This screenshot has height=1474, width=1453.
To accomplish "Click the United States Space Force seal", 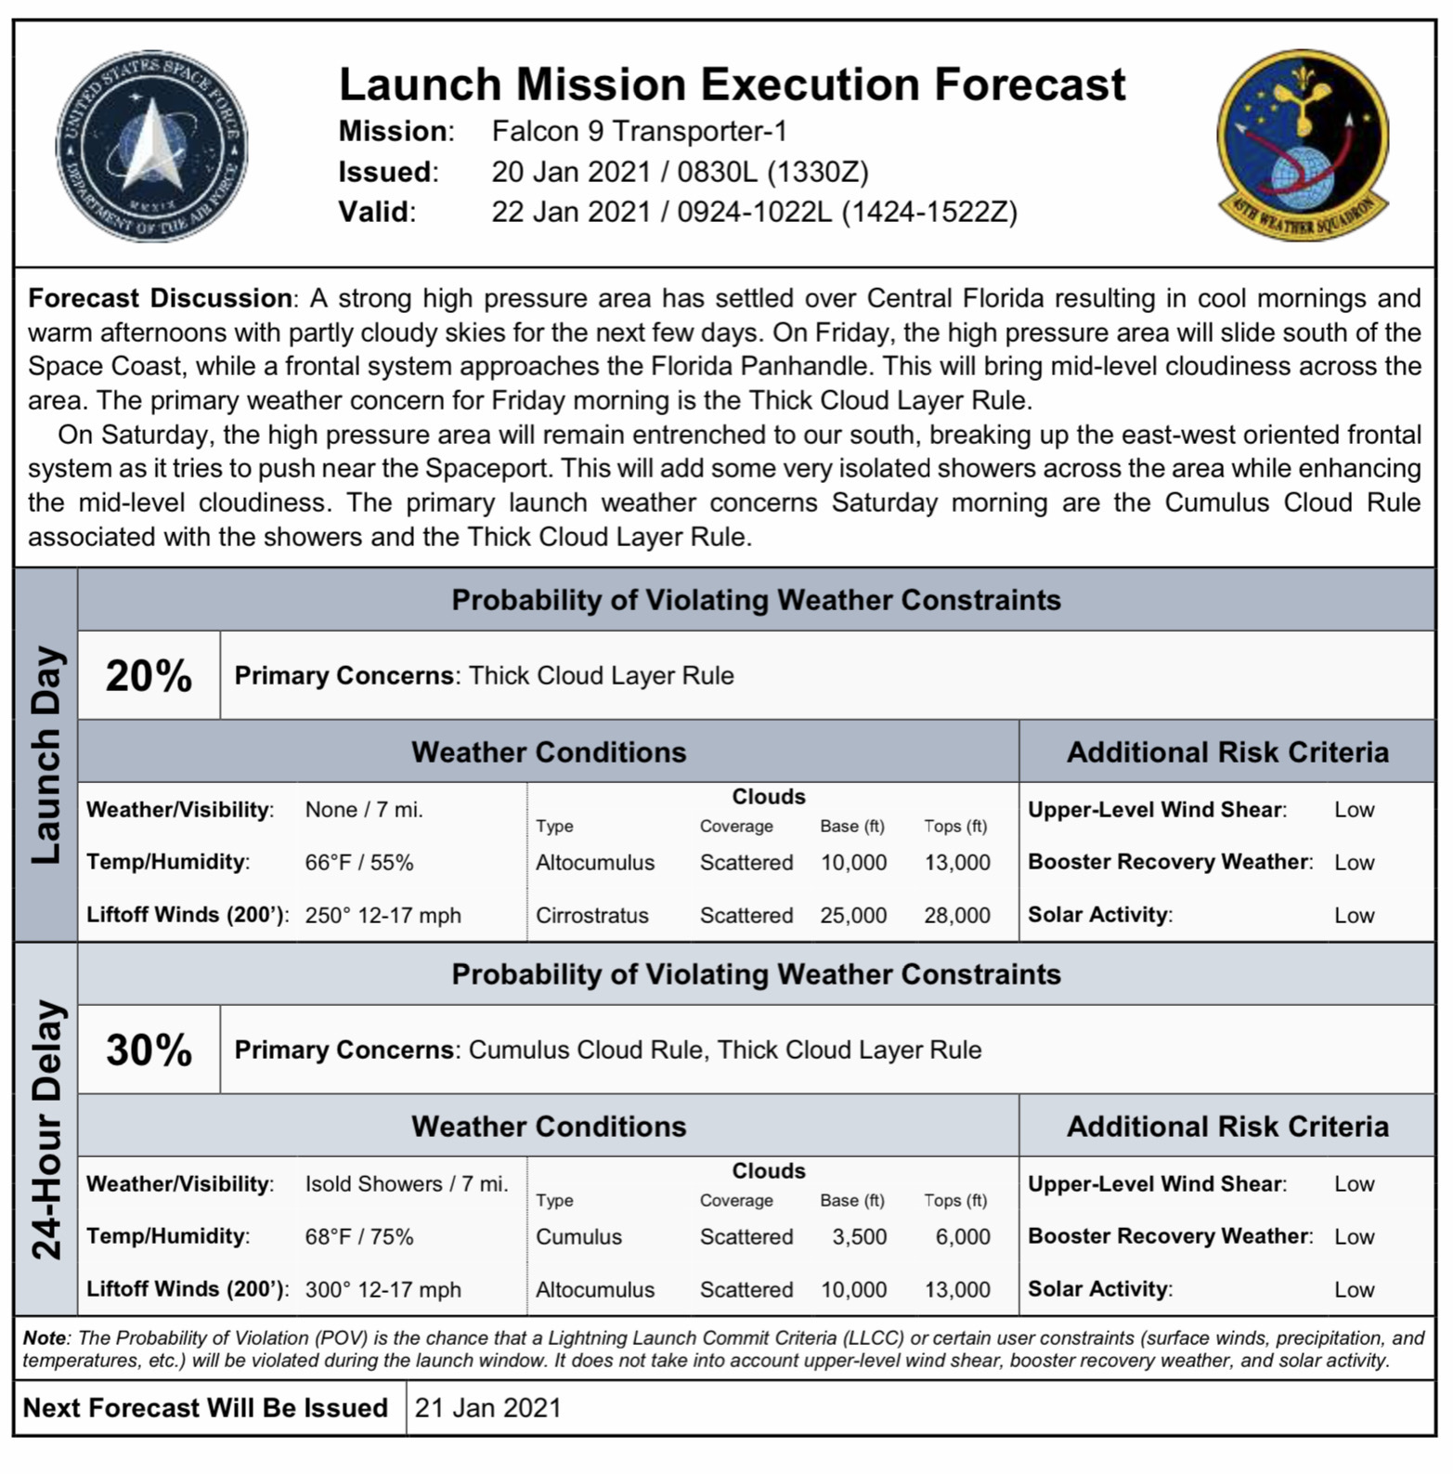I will click(151, 146).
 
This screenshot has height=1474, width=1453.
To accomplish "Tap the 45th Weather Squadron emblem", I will click(1304, 146).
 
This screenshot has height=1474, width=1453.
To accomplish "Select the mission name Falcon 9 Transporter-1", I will click(639, 131).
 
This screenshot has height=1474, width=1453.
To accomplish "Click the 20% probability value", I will click(149, 675).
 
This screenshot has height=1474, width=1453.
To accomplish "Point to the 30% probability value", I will click(149, 1050).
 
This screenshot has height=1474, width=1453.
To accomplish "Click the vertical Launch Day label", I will click(45, 754).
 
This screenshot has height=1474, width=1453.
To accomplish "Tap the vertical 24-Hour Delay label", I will click(45, 1128).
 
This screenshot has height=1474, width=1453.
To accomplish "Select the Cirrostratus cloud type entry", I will click(591, 915).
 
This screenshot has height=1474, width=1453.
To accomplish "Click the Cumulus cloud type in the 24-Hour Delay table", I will click(578, 1236).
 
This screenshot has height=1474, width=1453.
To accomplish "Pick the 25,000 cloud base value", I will click(853, 915).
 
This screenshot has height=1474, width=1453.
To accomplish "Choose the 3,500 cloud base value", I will click(859, 1236).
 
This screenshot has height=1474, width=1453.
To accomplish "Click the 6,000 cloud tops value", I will click(962, 1236).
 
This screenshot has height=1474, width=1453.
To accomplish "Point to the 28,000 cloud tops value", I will click(956, 915).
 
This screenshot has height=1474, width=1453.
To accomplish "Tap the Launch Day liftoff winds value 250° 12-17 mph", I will click(383, 915).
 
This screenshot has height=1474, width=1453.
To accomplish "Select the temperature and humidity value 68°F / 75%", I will click(359, 1236).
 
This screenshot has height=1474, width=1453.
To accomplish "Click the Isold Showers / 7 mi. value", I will click(407, 1183).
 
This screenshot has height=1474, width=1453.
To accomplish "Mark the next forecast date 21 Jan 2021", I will click(487, 1408).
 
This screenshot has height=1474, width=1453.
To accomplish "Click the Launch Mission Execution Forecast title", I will click(732, 84).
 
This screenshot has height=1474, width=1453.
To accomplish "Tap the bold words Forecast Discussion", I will click(160, 298).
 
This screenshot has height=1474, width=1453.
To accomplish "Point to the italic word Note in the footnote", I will click(44, 1337).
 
